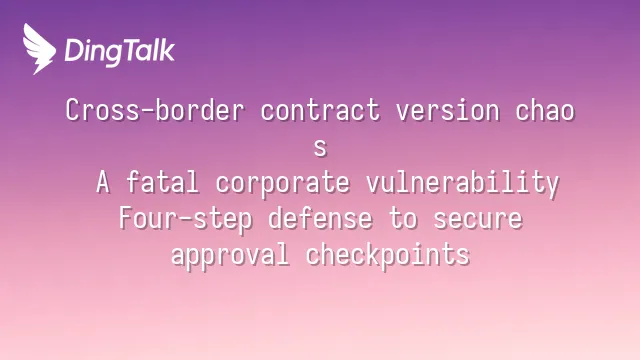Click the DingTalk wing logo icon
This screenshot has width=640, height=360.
(x=39, y=49)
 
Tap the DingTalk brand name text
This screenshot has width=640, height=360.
(x=120, y=51)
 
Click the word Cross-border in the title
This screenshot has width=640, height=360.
(x=155, y=110)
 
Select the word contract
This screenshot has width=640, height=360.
(x=320, y=110)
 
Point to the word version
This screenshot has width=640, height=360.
(x=447, y=110)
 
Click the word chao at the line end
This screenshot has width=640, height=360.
(x=545, y=110)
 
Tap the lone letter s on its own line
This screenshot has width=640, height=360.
(x=320, y=148)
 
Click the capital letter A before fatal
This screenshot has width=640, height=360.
(x=103, y=182)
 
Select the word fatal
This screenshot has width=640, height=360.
(x=162, y=182)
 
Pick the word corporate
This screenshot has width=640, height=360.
(x=282, y=183)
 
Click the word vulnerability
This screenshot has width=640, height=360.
(x=462, y=183)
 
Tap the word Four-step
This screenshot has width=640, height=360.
(x=186, y=219)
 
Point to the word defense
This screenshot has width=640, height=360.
(x=320, y=218)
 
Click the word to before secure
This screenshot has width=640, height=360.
(x=403, y=219)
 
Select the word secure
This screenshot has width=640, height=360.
(x=478, y=220)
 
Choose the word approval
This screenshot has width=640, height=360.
(x=230, y=255)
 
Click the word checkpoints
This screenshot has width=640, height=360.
(x=388, y=255)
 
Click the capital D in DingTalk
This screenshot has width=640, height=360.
(x=74, y=51)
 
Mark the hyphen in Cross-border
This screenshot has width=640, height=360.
(x=148, y=111)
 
